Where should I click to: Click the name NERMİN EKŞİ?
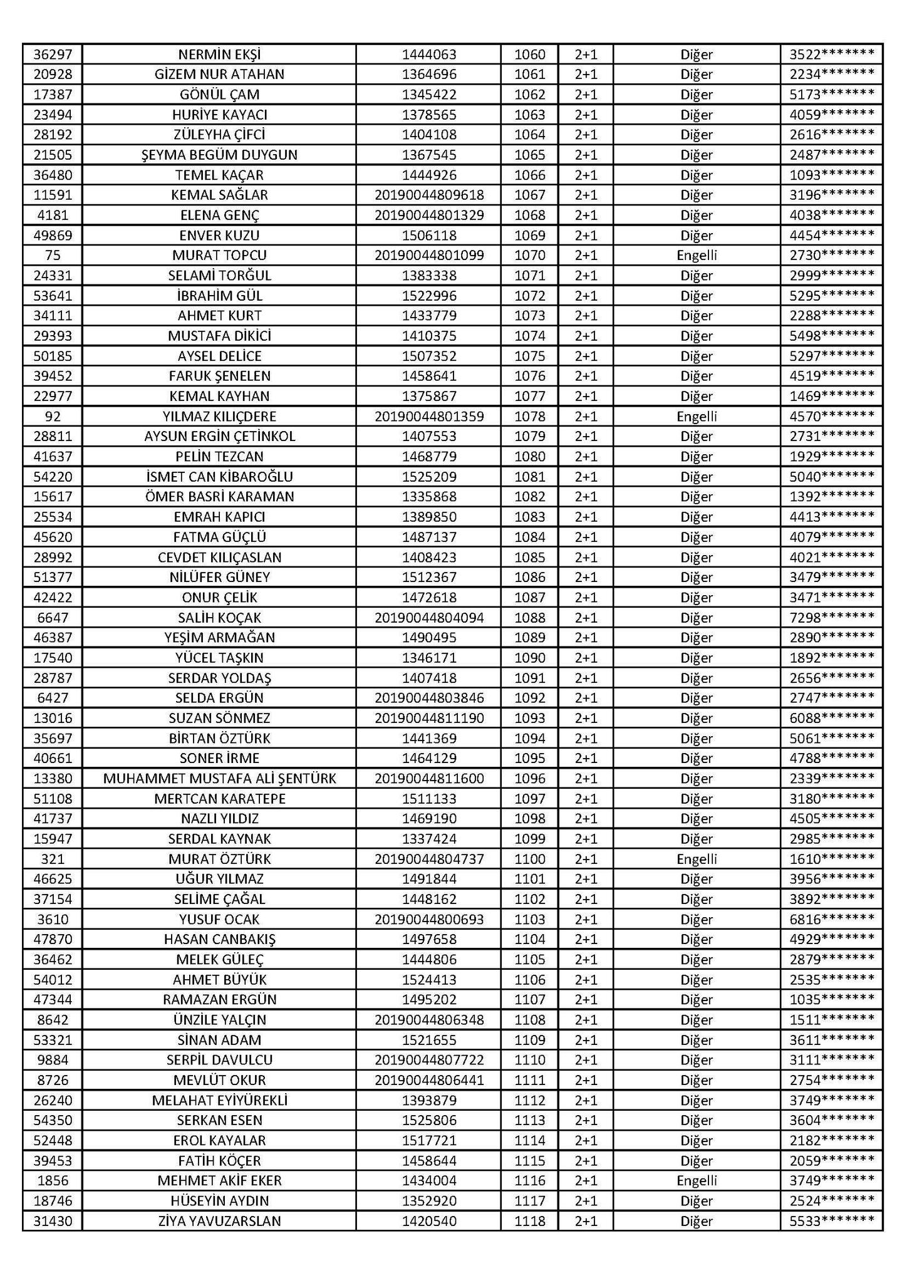pos(219,55)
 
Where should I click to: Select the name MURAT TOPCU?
pos(219,256)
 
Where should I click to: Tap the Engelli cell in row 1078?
pos(697,417)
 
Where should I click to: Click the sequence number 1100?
pos(529,859)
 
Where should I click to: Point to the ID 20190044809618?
pos(429,195)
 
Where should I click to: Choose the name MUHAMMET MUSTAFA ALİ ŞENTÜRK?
pos(219,779)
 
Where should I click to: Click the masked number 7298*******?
pos(831,618)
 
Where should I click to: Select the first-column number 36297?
pos(53,55)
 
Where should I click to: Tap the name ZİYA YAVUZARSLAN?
pos(219,1221)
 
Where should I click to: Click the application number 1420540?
pos(429,1221)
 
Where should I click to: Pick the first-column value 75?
pos(53,256)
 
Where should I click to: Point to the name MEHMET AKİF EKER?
pos(219,1181)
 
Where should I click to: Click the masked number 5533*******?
pos(831,1221)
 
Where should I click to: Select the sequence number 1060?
pos(529,55)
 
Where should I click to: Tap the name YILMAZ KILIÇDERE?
pos(219,417)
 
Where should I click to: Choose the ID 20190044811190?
pos(429,718)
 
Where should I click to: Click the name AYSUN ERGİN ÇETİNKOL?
pos(219,437)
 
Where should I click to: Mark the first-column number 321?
pos(53,859)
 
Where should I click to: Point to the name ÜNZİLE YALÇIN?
pos(219,1020)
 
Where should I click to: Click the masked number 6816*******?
pos(831,919)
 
